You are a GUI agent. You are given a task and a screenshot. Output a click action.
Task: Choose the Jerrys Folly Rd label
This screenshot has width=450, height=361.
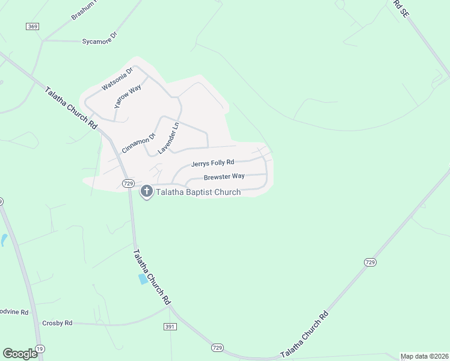tap(212, 163)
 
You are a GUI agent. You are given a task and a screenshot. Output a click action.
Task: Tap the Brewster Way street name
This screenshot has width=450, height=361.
tap(224, 177)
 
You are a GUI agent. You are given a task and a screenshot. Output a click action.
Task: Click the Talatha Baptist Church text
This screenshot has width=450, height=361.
tap(199, 192)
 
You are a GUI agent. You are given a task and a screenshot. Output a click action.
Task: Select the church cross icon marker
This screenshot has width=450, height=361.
tap(146, 192)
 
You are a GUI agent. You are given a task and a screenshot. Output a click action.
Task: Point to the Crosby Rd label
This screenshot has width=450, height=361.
tap(57, 323)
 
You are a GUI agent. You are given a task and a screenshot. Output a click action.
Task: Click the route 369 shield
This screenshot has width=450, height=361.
tap(32, 26)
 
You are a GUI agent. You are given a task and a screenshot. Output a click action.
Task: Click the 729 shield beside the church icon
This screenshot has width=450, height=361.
tap(127, 183)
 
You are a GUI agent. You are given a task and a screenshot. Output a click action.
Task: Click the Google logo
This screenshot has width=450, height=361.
tap(20, 354)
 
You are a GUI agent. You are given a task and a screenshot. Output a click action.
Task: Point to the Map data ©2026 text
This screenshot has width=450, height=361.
tap(424, 356)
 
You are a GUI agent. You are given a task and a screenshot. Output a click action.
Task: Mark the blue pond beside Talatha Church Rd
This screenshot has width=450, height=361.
tap(143, 279)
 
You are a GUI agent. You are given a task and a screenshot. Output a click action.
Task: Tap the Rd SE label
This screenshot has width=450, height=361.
tap(401, 8)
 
